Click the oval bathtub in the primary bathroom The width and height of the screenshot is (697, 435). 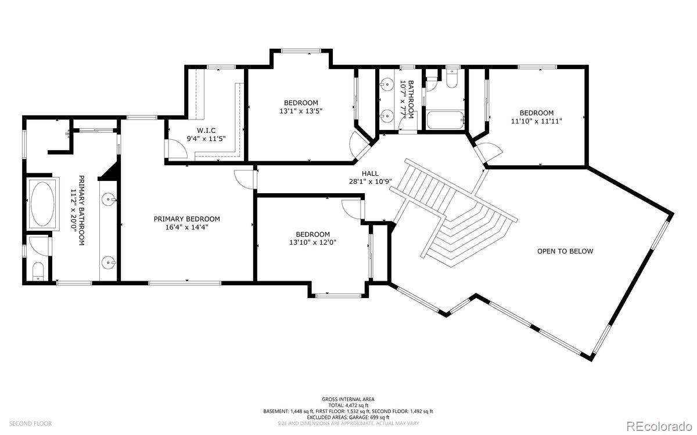pyautogui.click(x=42, y=204)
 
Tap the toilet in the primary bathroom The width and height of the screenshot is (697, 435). pyautogui.click(x=38, y=271)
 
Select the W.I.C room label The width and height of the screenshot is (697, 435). pyautogui.click(x=206, y=130)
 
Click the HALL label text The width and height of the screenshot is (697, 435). pyautogui.click(x=370, y=173)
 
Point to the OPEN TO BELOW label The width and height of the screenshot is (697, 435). pyautogui.click(x=565, y=251)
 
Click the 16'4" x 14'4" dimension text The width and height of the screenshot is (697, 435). pyautogui.click(x=186, y=227)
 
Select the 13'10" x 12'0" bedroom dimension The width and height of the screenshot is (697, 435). pyautogui.click(x=312, y=242)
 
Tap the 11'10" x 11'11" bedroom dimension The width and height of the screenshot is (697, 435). pyautogui.click(x=537, y=121)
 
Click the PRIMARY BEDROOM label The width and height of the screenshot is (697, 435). pyautogui.click(x=186, y=219)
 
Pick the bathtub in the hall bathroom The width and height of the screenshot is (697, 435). pyautogui.click(x=445, y=120)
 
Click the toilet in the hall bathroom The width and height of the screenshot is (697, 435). pyautogui.click(x=451, y=78)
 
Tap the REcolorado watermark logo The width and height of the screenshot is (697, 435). pyautogui.click(x=659, y=425)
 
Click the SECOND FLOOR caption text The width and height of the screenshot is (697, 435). pyautogui.click(x=30, y=423)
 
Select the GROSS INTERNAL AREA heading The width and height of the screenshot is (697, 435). pyautogui.click(x=348, y=399)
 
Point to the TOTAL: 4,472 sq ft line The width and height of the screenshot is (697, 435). pyautogui.click(x=348, y=405)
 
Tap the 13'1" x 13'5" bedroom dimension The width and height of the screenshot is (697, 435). pyautogui.click(x=301, y=111)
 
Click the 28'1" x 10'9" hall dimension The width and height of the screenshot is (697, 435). pyautogui.click(x=370, y=182)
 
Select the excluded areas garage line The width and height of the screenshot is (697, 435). pyautogui.click(x=348, y=417)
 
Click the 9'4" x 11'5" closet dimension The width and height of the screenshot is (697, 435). pyautogui.click(x=206, y=139)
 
